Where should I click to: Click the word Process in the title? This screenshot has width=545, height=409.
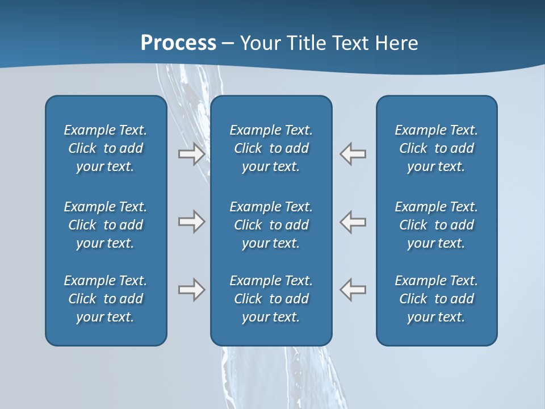(x=178, y=43)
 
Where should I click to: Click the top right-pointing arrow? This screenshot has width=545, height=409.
(x=191, y=154)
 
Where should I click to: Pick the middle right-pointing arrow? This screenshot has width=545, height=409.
(x=191, y=222)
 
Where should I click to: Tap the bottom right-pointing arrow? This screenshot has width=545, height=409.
(x=191, y=290)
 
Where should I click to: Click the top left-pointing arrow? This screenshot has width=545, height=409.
(x=353, y=154)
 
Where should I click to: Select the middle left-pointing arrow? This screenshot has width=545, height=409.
(x=353, y=222)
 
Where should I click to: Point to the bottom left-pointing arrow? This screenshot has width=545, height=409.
(x=353, y=290)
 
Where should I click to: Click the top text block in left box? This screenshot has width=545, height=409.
(x=106, y=148)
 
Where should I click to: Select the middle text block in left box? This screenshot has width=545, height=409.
(x=106, y=225)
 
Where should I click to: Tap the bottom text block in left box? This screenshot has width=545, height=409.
(x=106, y=299)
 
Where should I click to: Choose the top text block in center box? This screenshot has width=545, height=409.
(x=271, y=148)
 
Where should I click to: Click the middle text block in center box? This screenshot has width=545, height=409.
(x=271, y=225)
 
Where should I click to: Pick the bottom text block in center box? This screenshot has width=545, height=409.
(x=271, y=299)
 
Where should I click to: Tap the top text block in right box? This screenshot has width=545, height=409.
(x=436, y=148)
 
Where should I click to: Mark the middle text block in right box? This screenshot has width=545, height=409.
(x=436, y=225)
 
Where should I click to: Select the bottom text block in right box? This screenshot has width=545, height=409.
(x=436, y=299)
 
